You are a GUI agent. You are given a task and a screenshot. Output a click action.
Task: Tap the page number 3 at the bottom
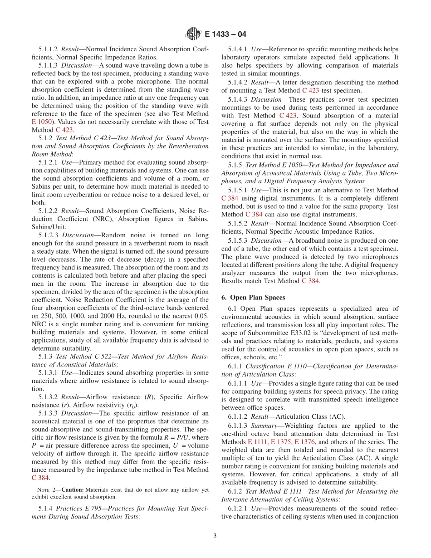[215, 536]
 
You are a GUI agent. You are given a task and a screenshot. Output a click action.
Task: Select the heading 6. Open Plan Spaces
[257, 298]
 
